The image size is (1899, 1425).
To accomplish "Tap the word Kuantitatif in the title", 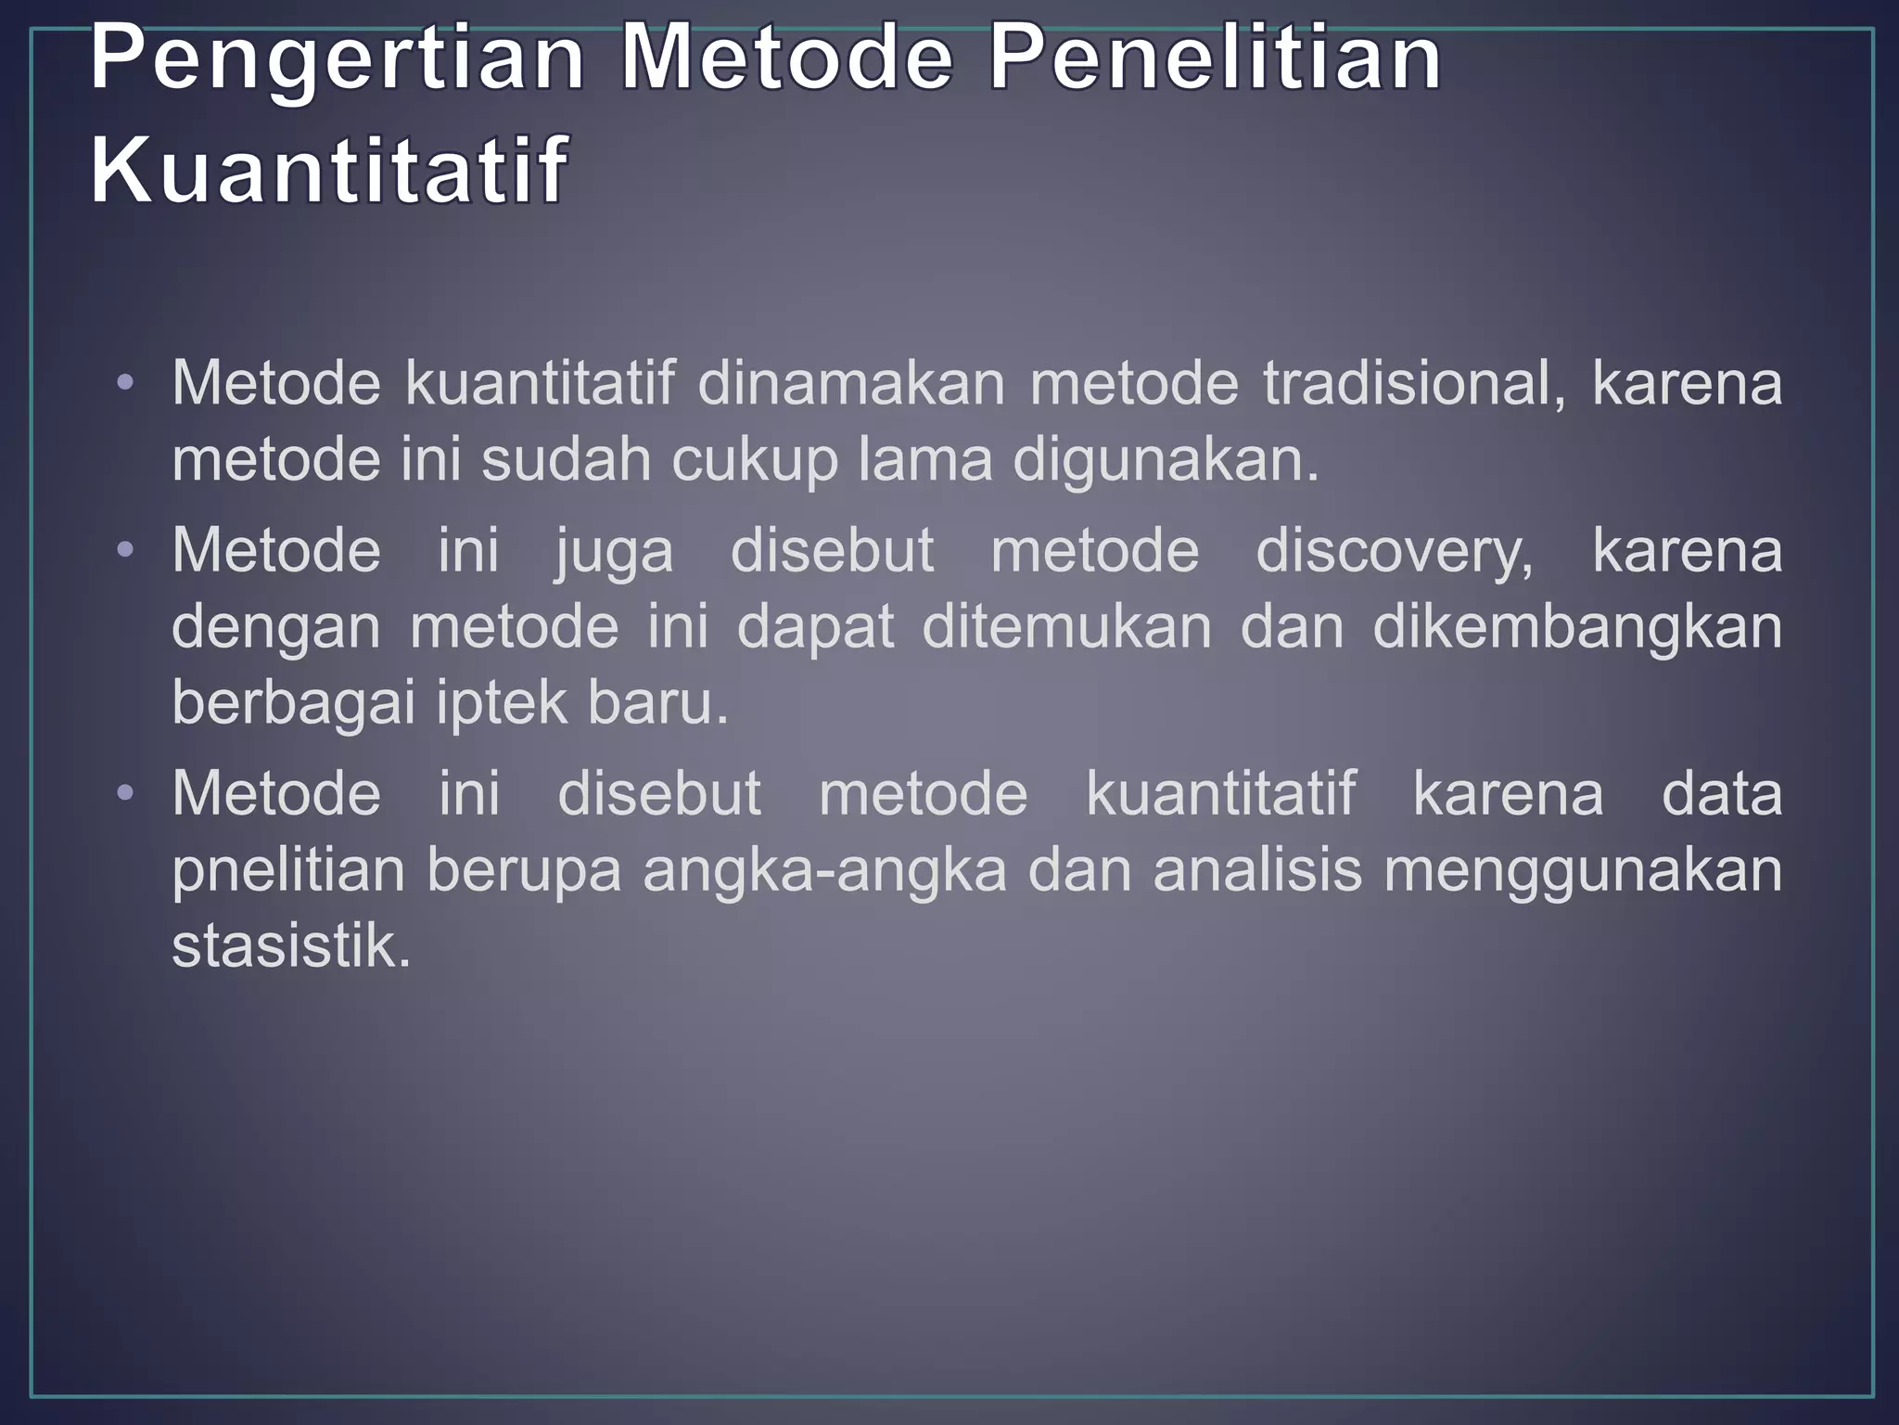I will click(x=328, y=171).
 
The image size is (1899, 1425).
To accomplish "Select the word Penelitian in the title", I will click(x=1216, y=61).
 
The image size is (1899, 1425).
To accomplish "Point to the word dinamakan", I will click(x=850, y=382).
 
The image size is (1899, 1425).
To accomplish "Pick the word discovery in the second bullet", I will click(x=1395, y=551).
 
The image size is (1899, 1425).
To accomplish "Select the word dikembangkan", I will click(x=1577, y=628).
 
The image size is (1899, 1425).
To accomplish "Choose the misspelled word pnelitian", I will click(x=288, y=871).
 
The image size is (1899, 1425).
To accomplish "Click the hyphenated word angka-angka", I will click(x=824, y=871).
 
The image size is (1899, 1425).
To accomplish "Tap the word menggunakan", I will click(x=1583, y=872).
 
